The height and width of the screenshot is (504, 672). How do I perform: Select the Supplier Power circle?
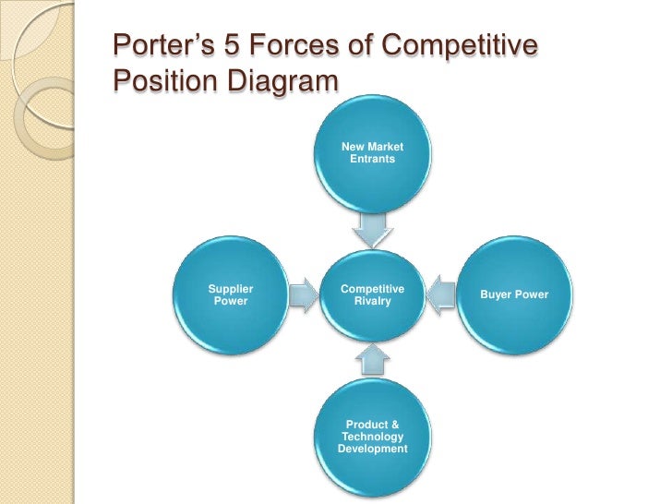(231, 295)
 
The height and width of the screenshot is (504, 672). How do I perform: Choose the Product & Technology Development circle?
(372, 434)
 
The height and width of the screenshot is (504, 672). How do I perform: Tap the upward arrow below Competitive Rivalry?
(372, 360)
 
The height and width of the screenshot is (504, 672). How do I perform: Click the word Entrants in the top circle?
(372, 160)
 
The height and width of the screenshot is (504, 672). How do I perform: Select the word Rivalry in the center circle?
(372, 301)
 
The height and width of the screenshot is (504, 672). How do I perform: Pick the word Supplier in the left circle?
(231, 289)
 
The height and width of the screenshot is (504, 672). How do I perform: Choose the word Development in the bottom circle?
(372, 449)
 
